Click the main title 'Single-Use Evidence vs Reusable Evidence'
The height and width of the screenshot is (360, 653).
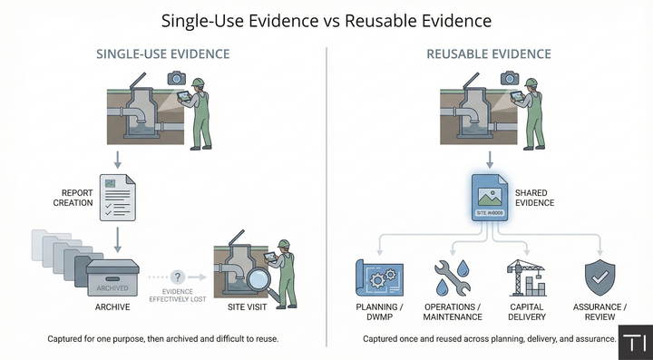(x=326, y=19)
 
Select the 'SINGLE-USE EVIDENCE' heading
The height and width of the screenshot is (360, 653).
(x=163, y=54)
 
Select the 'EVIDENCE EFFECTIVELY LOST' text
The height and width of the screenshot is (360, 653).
(x=178, y=296)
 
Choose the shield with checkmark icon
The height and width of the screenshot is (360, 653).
(x=599, y=277)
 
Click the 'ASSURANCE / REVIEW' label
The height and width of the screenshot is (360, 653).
(x=599, y=313)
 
